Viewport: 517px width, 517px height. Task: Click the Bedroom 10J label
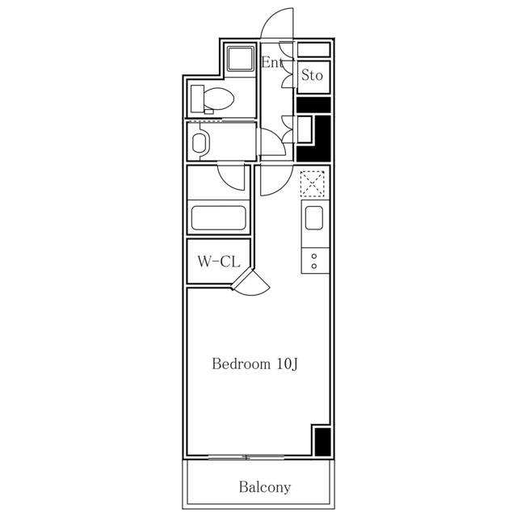click(x=255, y=364)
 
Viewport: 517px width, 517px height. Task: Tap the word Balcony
click(x=265, y=487)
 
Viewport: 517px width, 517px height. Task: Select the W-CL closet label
click(x=219, y=262)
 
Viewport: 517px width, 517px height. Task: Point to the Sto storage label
click(x=312, y=75)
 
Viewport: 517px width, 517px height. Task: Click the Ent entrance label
click(x=272, y=62)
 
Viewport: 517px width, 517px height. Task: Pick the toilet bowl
click(x=218, y=99)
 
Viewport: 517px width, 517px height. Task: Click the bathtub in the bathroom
click(x=219, y=218)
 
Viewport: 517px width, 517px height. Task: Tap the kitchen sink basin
click(x=314, y=218)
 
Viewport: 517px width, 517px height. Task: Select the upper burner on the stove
click(x=314, y=256)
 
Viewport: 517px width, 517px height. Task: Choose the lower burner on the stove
click(x=314, y=266)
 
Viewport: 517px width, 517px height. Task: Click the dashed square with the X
click(x=313, y=183)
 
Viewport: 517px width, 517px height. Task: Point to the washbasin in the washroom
click(x=200, y=143)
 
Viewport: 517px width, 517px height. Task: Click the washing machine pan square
click(x=241, y=59)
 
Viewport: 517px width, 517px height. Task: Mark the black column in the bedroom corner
click(x=322, y=442)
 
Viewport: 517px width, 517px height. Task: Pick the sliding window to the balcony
click(x=246, y=457)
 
